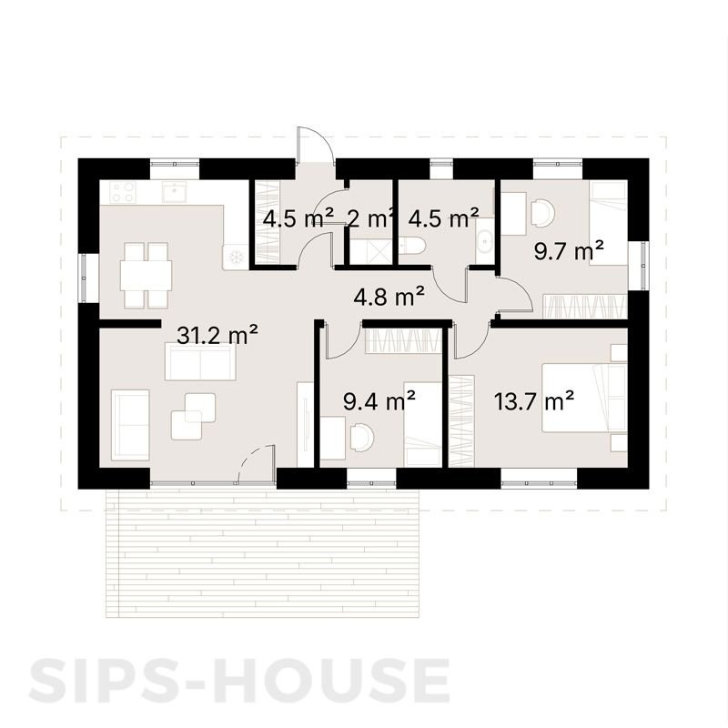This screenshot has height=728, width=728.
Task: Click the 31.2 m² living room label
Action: tap(216, 335)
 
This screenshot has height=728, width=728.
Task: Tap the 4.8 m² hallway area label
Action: tap(389, 296)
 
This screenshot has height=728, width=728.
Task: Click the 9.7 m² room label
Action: tap(569, 251)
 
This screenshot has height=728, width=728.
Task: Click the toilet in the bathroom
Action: tap(411, 247)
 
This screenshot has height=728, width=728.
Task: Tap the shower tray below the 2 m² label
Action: tap(369, 250)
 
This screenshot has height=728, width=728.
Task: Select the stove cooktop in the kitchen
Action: tap(122, 192)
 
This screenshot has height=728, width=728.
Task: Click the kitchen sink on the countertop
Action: tap(172, 192)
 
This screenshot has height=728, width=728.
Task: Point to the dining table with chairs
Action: tap(147, 274)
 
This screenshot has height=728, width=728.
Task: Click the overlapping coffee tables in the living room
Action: tap(193, 415)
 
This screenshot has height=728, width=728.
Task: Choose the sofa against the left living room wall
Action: tap(129, 423)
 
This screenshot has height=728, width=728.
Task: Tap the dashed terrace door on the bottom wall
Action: tap(256, 463)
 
